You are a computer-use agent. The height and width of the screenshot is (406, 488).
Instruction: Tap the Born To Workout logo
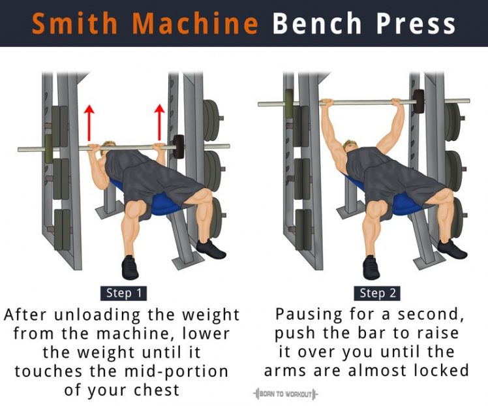coord(286,394)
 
